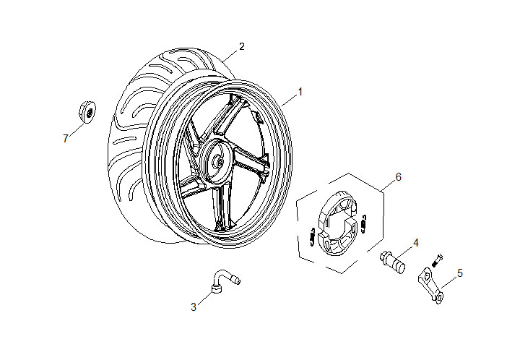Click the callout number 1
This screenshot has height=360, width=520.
point(300,92)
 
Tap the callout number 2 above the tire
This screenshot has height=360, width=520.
point(241,46)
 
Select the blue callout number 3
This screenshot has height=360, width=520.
point(194,307)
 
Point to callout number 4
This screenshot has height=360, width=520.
point(415,242)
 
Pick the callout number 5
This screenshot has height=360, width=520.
point(459,273)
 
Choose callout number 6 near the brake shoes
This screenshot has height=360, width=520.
point(397,176)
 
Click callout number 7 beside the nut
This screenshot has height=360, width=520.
point(65,138)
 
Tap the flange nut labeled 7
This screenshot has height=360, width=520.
point(84,113)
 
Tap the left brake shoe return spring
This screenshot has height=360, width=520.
point(311,236)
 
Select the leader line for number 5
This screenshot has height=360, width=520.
point(448,279)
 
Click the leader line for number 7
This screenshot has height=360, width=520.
point(74,128)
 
